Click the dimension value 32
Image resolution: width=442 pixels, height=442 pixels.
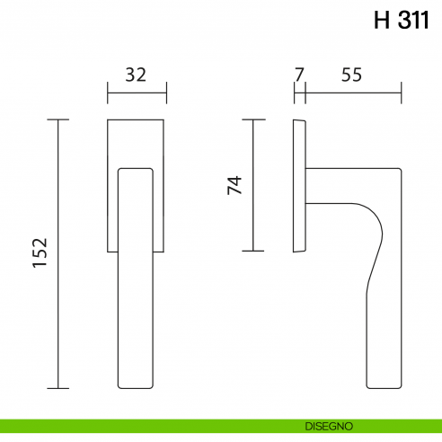[x=136, y=75]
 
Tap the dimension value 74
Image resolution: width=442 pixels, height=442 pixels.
[x=234, y=185]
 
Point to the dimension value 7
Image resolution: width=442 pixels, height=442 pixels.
[x=299, y=75]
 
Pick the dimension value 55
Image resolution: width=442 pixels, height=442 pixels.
[x=351, y=75]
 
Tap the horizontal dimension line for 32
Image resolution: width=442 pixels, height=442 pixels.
[x=136, y=92]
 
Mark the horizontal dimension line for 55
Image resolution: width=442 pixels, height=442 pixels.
[x=353, y=92]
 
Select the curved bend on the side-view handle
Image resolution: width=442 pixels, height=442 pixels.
[x=376, y=225]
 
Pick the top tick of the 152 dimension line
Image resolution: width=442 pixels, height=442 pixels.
[x=58, y=119]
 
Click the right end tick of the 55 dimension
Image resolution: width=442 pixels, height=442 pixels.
[x=401, y=92]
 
